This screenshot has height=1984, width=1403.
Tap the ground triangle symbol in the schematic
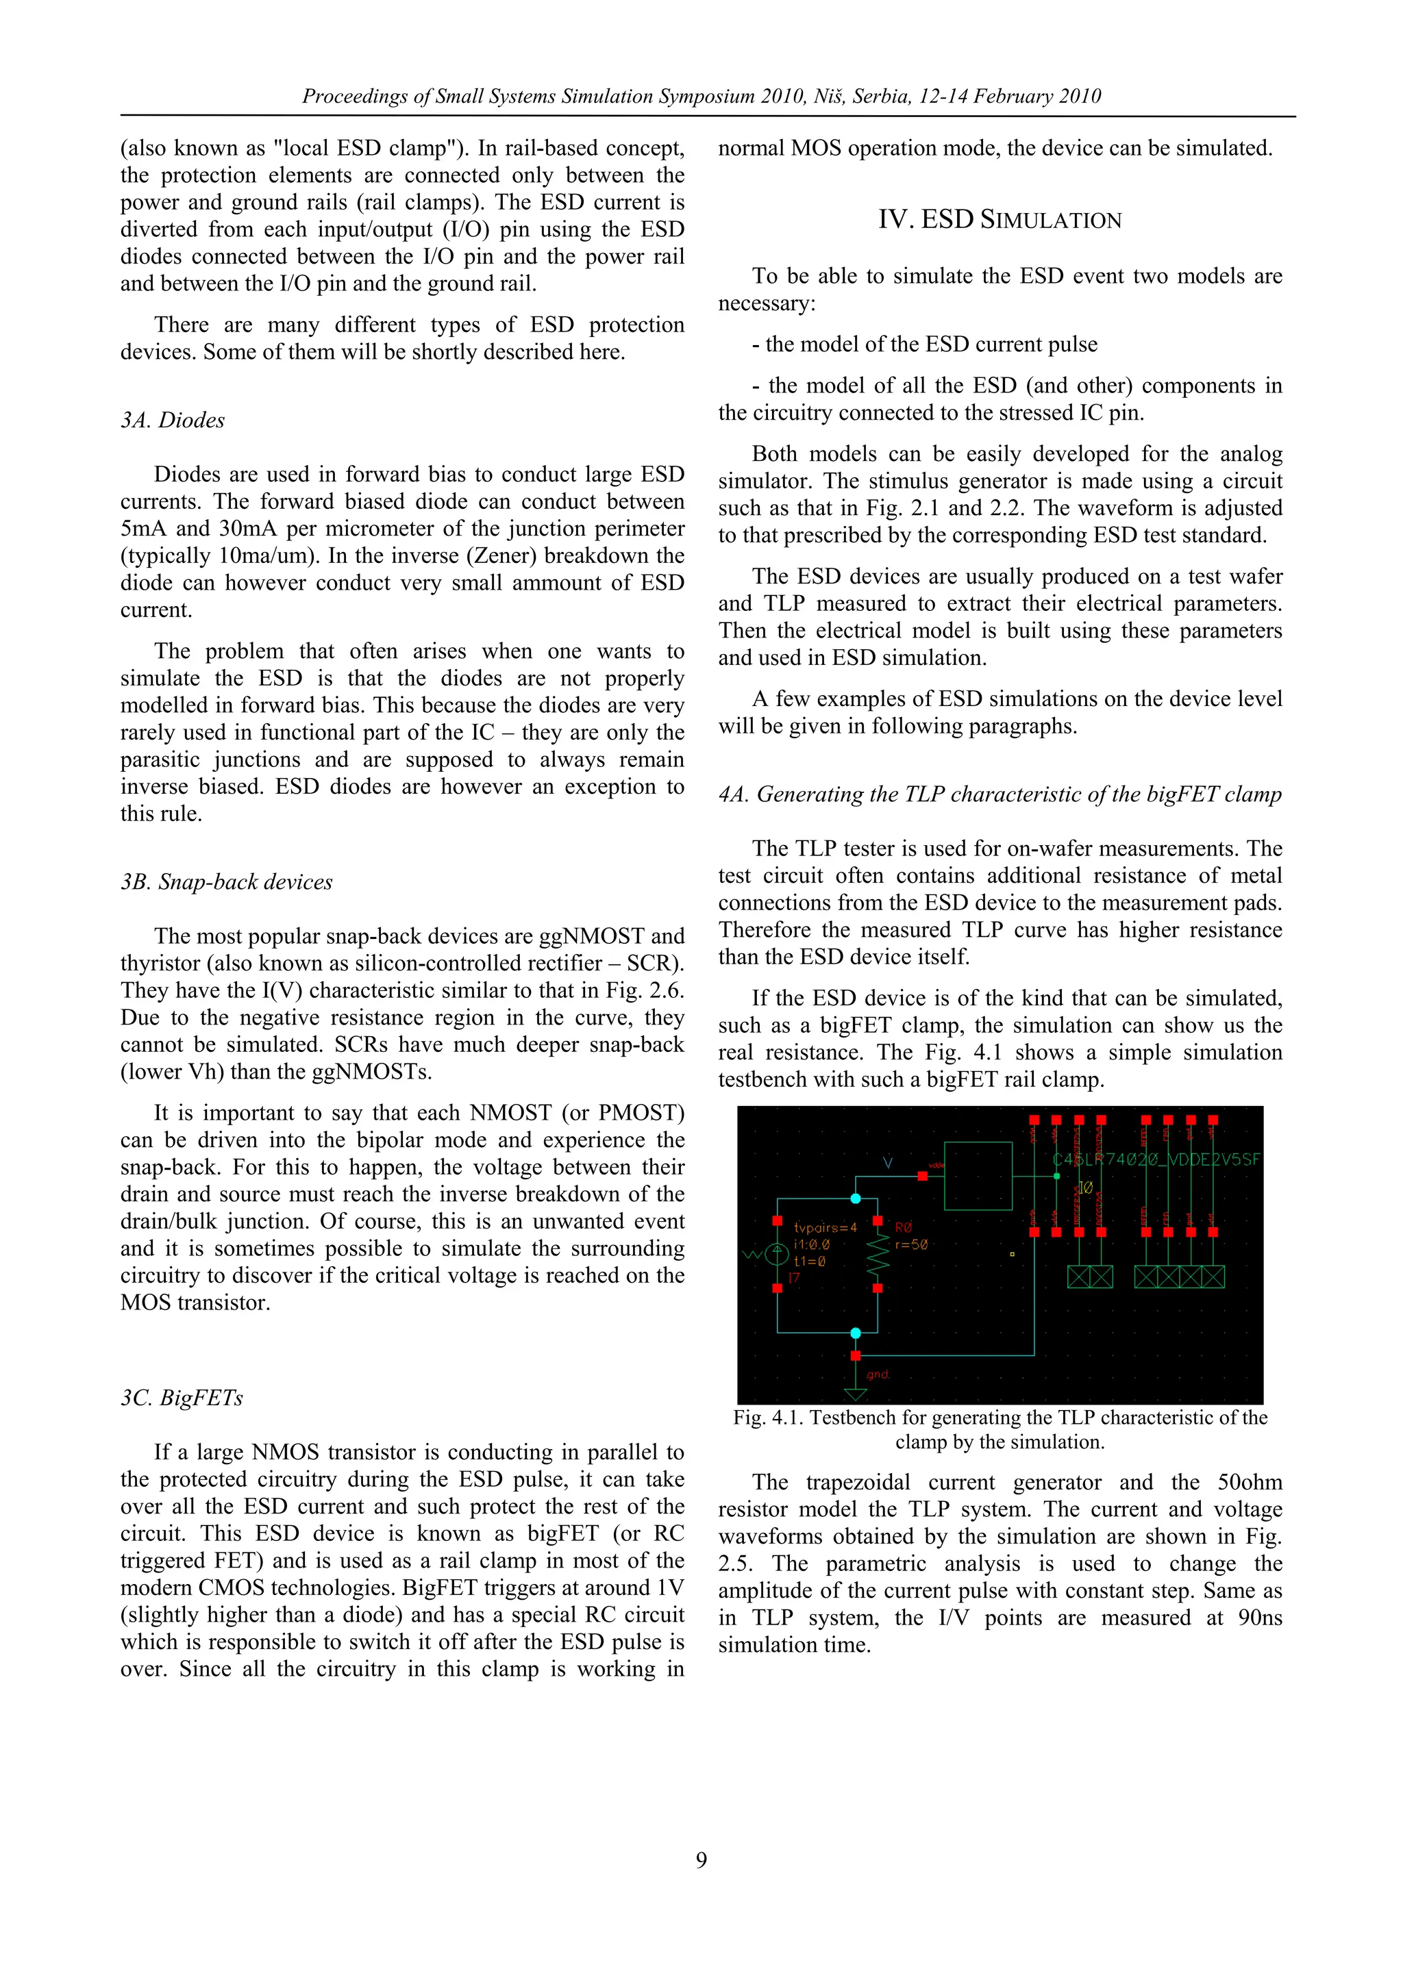[x=855, y=1394]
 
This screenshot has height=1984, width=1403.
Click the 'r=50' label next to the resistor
[x=911, y=1244]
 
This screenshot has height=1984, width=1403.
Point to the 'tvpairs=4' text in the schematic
[x=825, y=1227]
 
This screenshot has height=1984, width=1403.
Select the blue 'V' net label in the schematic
[x=888, y=1162]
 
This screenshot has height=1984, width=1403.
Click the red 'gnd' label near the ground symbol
[x=878, y=1374]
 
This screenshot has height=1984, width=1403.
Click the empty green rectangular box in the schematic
[x=978, y=1175]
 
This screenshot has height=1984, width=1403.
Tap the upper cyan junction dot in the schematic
[x=855, y=1198]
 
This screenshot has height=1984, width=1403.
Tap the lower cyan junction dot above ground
[x=855, y=1333]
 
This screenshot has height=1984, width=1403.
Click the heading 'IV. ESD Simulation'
[x=1000, y=219]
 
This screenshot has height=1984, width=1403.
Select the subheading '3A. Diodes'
[x=172, y=420]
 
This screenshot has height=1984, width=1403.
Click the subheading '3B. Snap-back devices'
[x=227, y=881]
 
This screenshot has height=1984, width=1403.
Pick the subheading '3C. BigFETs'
[x=182, y=1397]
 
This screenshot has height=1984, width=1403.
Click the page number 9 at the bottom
[x=701, y=1859]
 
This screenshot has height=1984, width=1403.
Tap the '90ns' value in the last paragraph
[x=1260, y=1617]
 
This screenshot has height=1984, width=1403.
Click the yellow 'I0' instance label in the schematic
[x=1085, y=1188]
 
